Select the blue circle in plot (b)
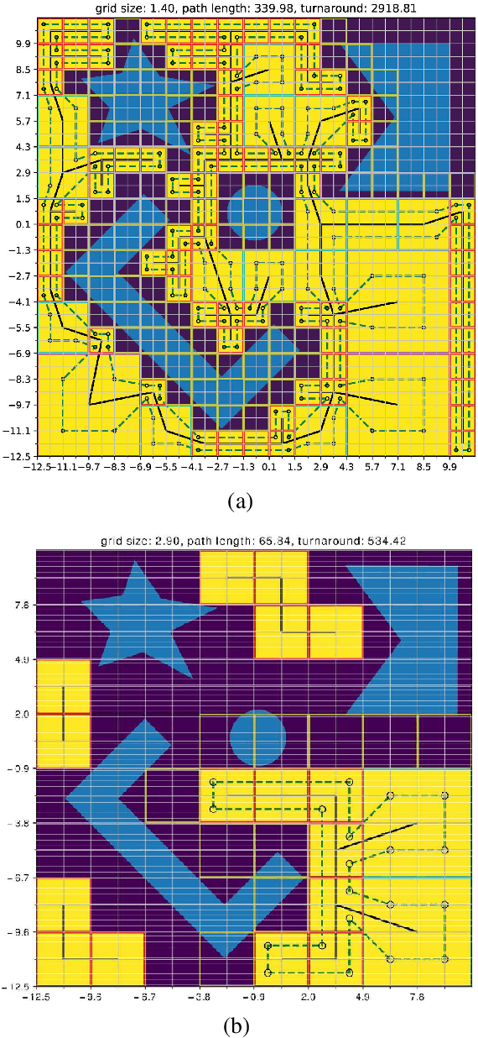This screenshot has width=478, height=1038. coord(257,737)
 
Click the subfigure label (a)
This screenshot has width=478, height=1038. coord(239,501)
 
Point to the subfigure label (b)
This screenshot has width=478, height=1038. coord(239,1025)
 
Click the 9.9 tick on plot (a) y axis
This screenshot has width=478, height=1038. coord(22,44)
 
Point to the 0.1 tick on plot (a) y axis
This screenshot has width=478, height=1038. coord(22,224)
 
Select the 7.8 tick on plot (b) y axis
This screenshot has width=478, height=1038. coord(23,605)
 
